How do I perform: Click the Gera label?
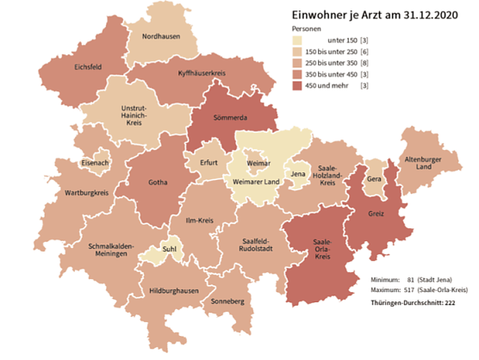pyautogui.click(x=373, y=179)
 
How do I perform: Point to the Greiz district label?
pyautogui.click(x=376, y=212)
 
